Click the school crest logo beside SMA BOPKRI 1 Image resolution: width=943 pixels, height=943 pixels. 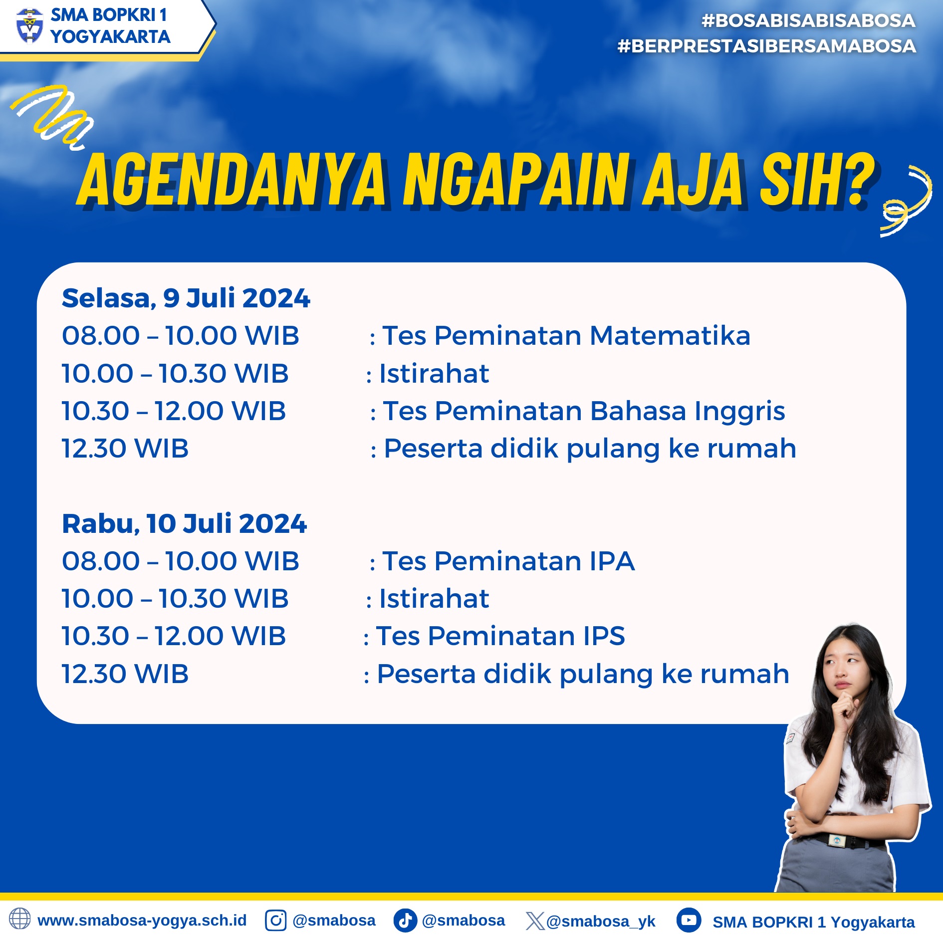coord(29,26)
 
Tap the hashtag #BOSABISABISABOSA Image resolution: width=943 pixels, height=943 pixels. coord(808,20)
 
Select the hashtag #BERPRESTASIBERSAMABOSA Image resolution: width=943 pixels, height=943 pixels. coord(766,46)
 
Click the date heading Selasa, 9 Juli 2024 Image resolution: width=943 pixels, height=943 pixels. coord(186,298)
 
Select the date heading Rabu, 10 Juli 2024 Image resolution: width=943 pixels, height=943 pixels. coord(184,523)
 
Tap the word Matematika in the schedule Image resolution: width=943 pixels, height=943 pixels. coord(670,335)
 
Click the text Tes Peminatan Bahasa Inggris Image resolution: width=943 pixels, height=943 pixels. coord(584,412)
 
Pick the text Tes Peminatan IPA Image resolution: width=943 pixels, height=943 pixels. coord(508,561)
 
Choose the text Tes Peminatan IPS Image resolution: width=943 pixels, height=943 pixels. coord(500,636)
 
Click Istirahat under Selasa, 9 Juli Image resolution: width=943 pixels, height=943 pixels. coord(434,373)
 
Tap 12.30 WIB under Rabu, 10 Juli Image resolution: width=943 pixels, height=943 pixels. coord(125,674)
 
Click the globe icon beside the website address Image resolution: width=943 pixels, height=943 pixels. coord(20,919)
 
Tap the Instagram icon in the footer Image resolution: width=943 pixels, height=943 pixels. coord(275,921)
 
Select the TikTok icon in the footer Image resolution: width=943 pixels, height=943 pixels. coord(405,921)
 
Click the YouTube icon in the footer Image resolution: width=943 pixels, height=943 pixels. coord(689,920)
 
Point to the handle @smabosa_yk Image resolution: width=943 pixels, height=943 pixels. coord(601,921)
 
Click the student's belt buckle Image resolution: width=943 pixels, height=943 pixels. coord(838,841)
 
